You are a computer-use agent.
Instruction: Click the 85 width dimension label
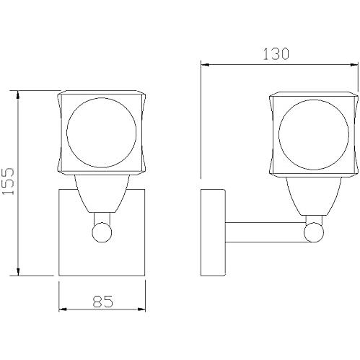103,302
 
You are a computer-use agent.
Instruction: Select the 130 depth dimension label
276,54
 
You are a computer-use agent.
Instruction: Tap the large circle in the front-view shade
67,133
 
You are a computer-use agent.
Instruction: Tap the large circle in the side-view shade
279,135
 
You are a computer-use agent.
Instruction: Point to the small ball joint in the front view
102,232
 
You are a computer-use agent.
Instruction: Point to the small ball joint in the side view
314,232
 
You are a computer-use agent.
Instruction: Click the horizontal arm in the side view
265,232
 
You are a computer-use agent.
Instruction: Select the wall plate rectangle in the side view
213,232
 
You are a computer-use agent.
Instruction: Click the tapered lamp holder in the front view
102,193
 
